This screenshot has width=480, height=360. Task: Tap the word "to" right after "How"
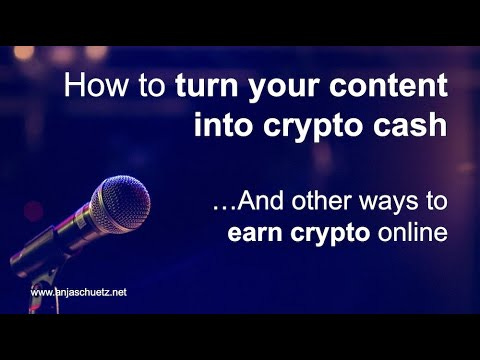[150, 86]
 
